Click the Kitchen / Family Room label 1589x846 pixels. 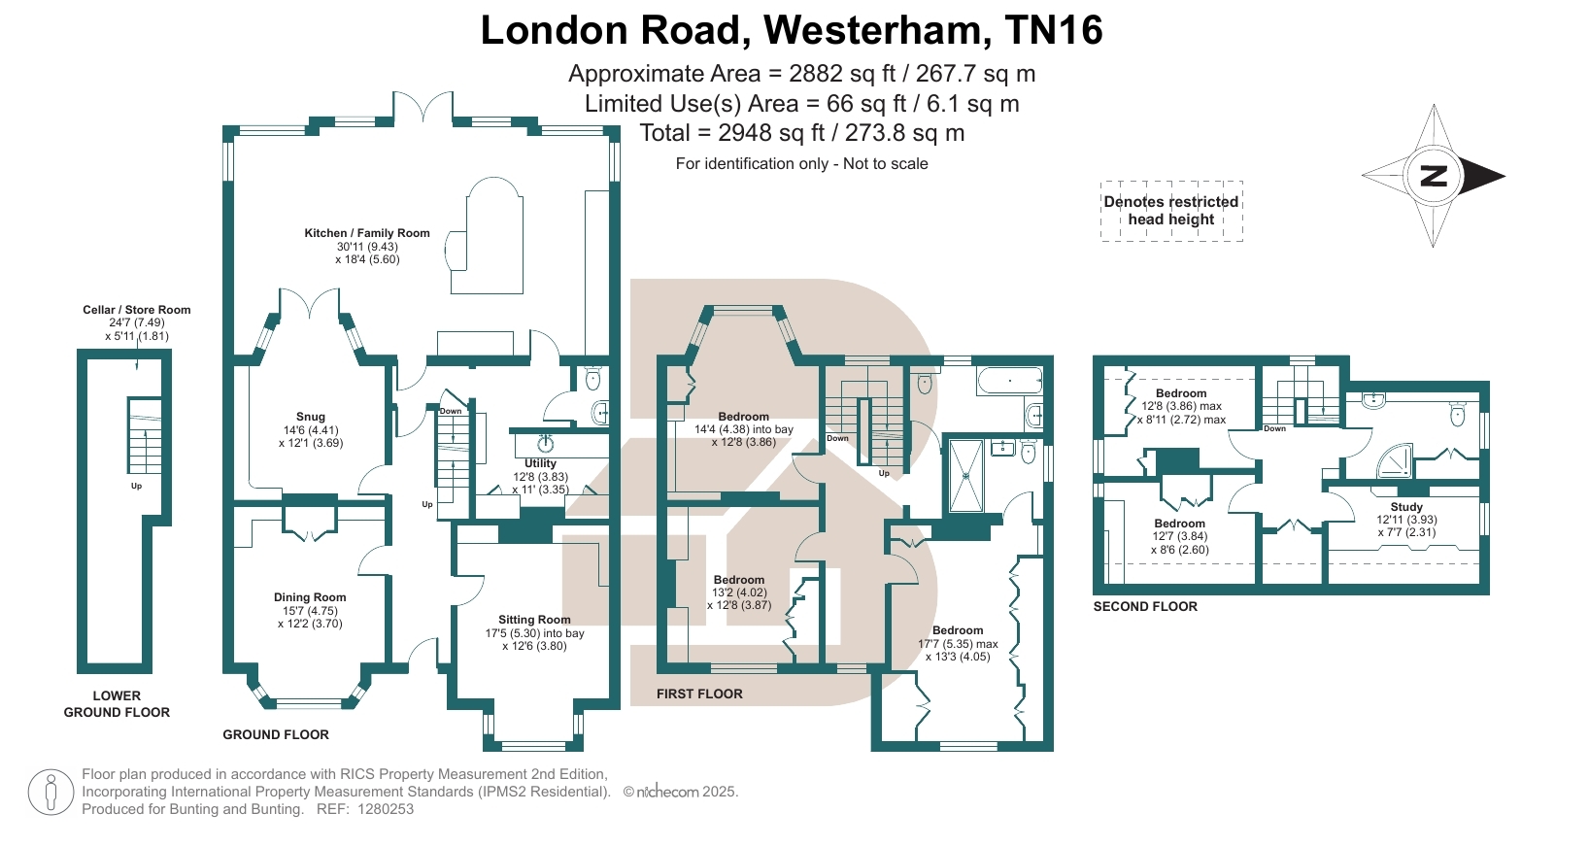point(366,233)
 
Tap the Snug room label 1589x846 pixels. point(311,417)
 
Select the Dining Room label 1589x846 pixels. point(310,597)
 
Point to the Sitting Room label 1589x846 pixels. point(534,620)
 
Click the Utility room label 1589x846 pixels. point(540,464)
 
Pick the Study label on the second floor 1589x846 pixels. point(1406,507)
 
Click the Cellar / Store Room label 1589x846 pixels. point(136,310)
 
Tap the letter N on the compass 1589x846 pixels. point(1434,176)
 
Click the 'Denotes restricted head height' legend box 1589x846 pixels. point(1171,211)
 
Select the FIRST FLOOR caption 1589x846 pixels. point(699,694)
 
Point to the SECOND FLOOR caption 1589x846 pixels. point(1145,606)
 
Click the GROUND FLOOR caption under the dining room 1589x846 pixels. point(276,734)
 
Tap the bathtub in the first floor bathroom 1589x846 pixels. point(1009,381)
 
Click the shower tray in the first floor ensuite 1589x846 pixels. point(965,475)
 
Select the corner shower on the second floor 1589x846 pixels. point(1396,461)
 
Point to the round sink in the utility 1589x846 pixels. point(546,445)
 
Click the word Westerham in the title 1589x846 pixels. point(877,30)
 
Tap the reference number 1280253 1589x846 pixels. point(386,809)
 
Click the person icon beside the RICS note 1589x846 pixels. point(51,792)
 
